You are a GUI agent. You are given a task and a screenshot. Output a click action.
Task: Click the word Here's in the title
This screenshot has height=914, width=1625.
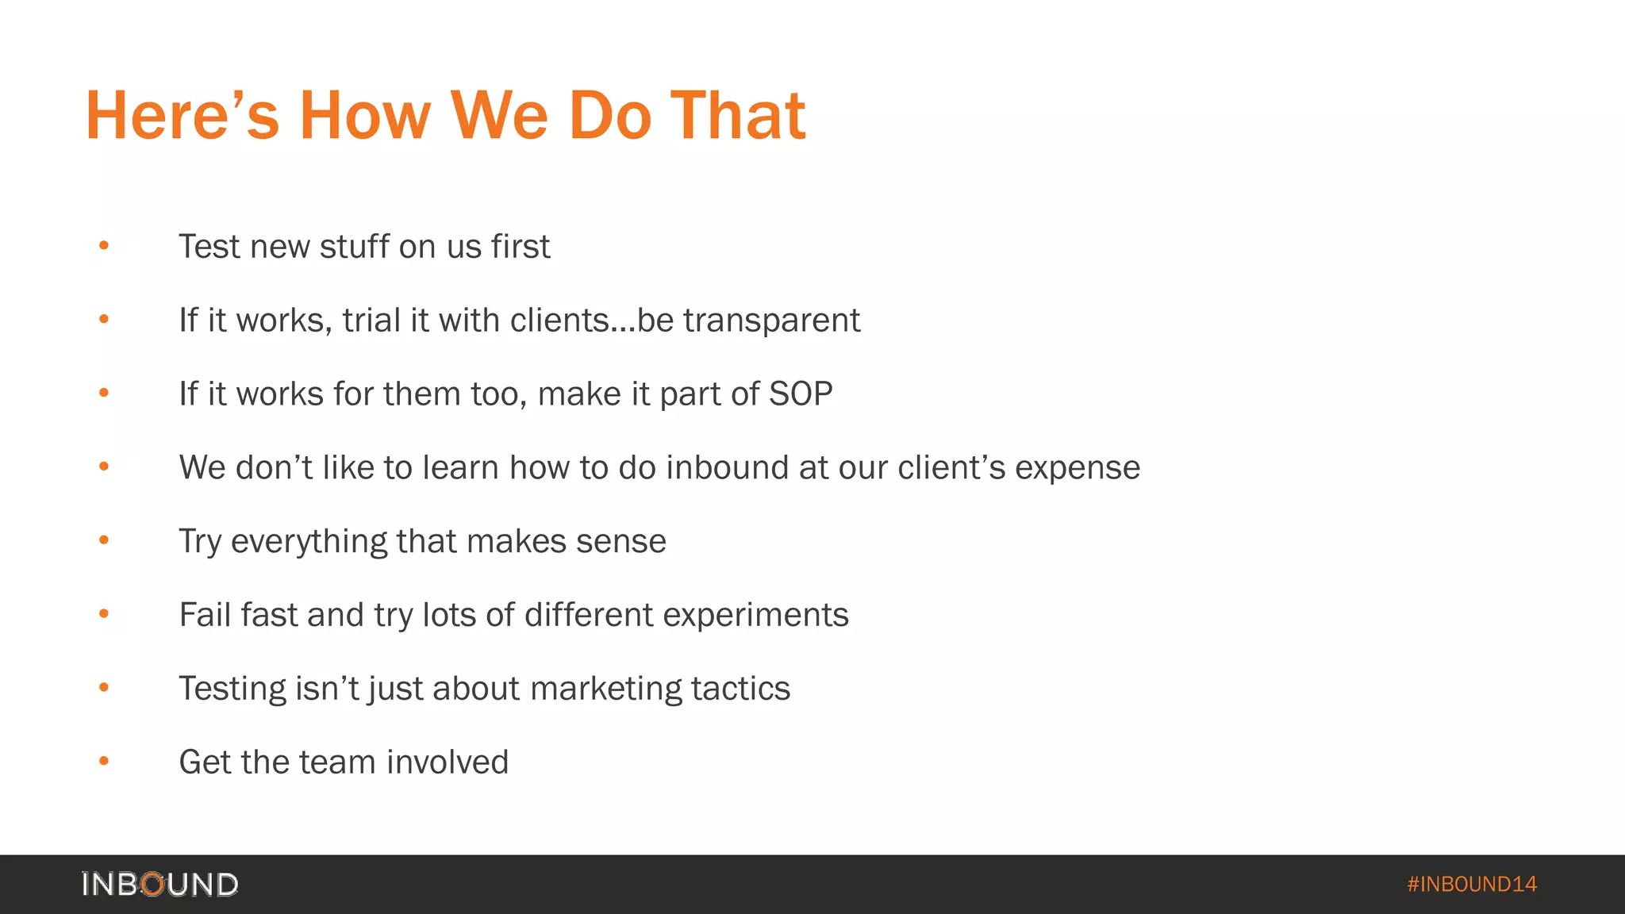(182, 116)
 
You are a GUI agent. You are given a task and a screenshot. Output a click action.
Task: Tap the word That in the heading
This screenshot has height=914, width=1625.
(738, 116)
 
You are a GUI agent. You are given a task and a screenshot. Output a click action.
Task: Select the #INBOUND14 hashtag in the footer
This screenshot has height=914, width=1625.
(1472, 884)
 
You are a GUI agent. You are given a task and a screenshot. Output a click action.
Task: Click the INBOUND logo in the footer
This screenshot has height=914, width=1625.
(159, 884)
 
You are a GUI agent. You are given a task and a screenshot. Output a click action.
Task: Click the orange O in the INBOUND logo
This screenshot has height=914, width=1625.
(153, 884)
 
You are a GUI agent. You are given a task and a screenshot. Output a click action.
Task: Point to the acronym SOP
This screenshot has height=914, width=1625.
(801, 394)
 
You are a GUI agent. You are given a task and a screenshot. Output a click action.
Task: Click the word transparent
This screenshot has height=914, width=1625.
(771, 321)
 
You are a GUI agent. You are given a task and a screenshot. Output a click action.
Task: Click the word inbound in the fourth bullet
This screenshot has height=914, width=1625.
(728, 467)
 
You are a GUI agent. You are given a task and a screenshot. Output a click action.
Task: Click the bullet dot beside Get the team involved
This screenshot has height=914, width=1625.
(104, 762)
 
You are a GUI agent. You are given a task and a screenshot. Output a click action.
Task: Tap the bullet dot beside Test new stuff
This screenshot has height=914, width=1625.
(104, 246)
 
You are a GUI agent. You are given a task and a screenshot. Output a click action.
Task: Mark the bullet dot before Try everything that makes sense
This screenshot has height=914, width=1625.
(104, 540)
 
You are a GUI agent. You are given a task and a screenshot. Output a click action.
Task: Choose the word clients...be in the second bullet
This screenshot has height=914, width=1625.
(590, 321)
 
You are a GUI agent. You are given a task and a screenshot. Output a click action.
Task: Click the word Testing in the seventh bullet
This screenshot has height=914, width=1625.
(232, 689)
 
